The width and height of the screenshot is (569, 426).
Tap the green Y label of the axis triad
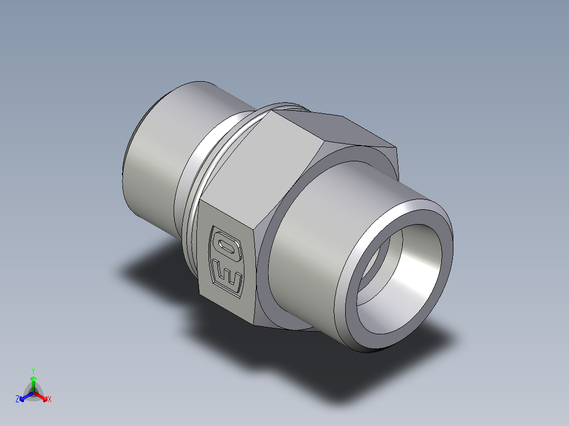pyautogui.click(x=33, y=370)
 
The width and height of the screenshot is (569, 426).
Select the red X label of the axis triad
pyautogui.click(x=50, y=400)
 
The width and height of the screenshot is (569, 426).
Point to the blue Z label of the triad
pyautogui.click(x=17, y=400)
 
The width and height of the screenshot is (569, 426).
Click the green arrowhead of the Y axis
pyautogui.click(x=33, y=379)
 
